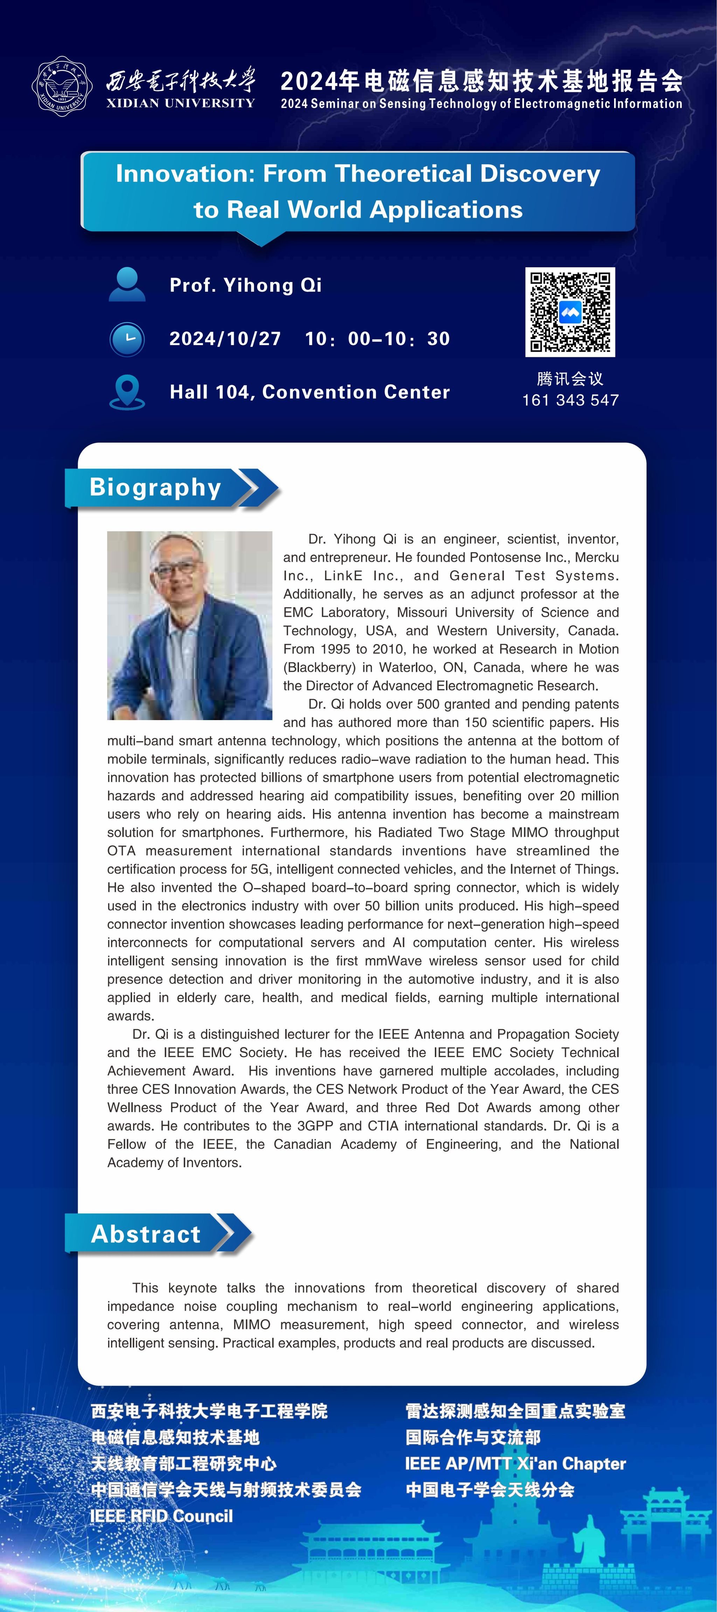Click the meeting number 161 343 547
[x=570, y=400]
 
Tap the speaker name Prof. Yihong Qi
[x=245, y=286]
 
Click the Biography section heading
[x=155, y=487]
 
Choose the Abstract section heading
[x=146, y=1233]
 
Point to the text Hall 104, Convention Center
[x=309, y=392]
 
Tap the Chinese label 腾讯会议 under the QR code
[x=570, y=379]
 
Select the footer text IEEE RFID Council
[x=161, y=1516]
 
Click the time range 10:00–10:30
[x=377, y=339]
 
